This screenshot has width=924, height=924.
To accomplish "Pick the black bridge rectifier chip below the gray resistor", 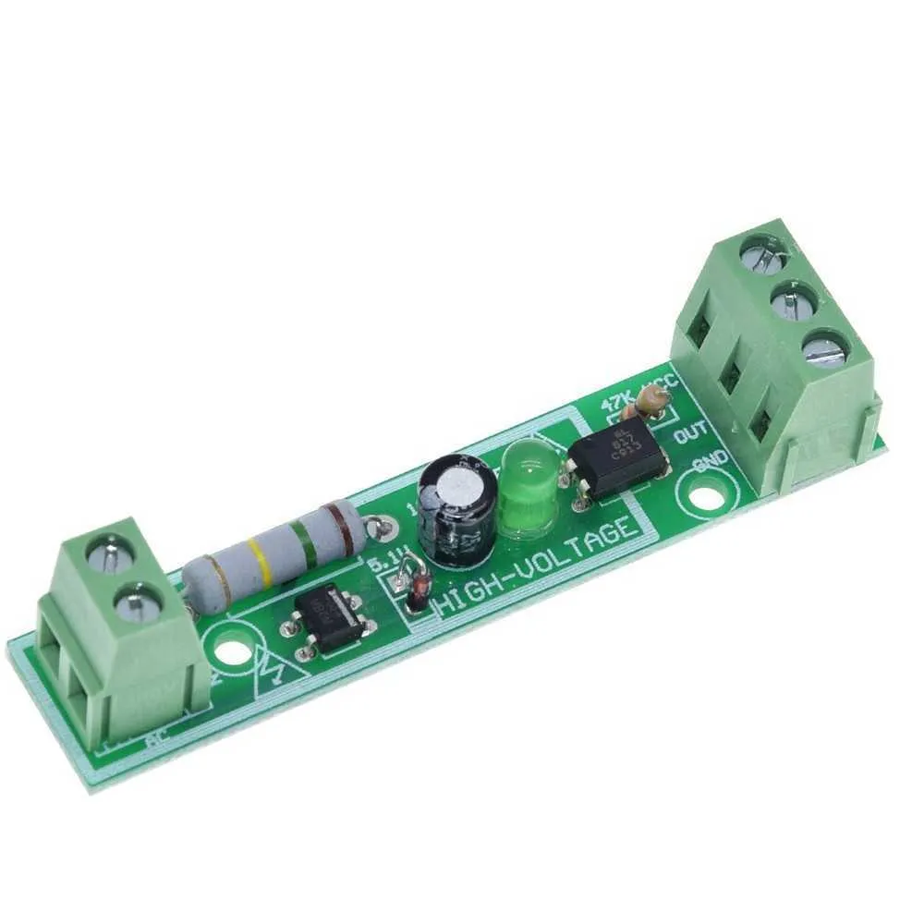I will [x=329, y=619].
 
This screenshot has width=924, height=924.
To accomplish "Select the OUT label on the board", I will [x=690, y=432].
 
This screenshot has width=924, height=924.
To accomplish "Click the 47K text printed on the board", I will [x=614, y=403].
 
